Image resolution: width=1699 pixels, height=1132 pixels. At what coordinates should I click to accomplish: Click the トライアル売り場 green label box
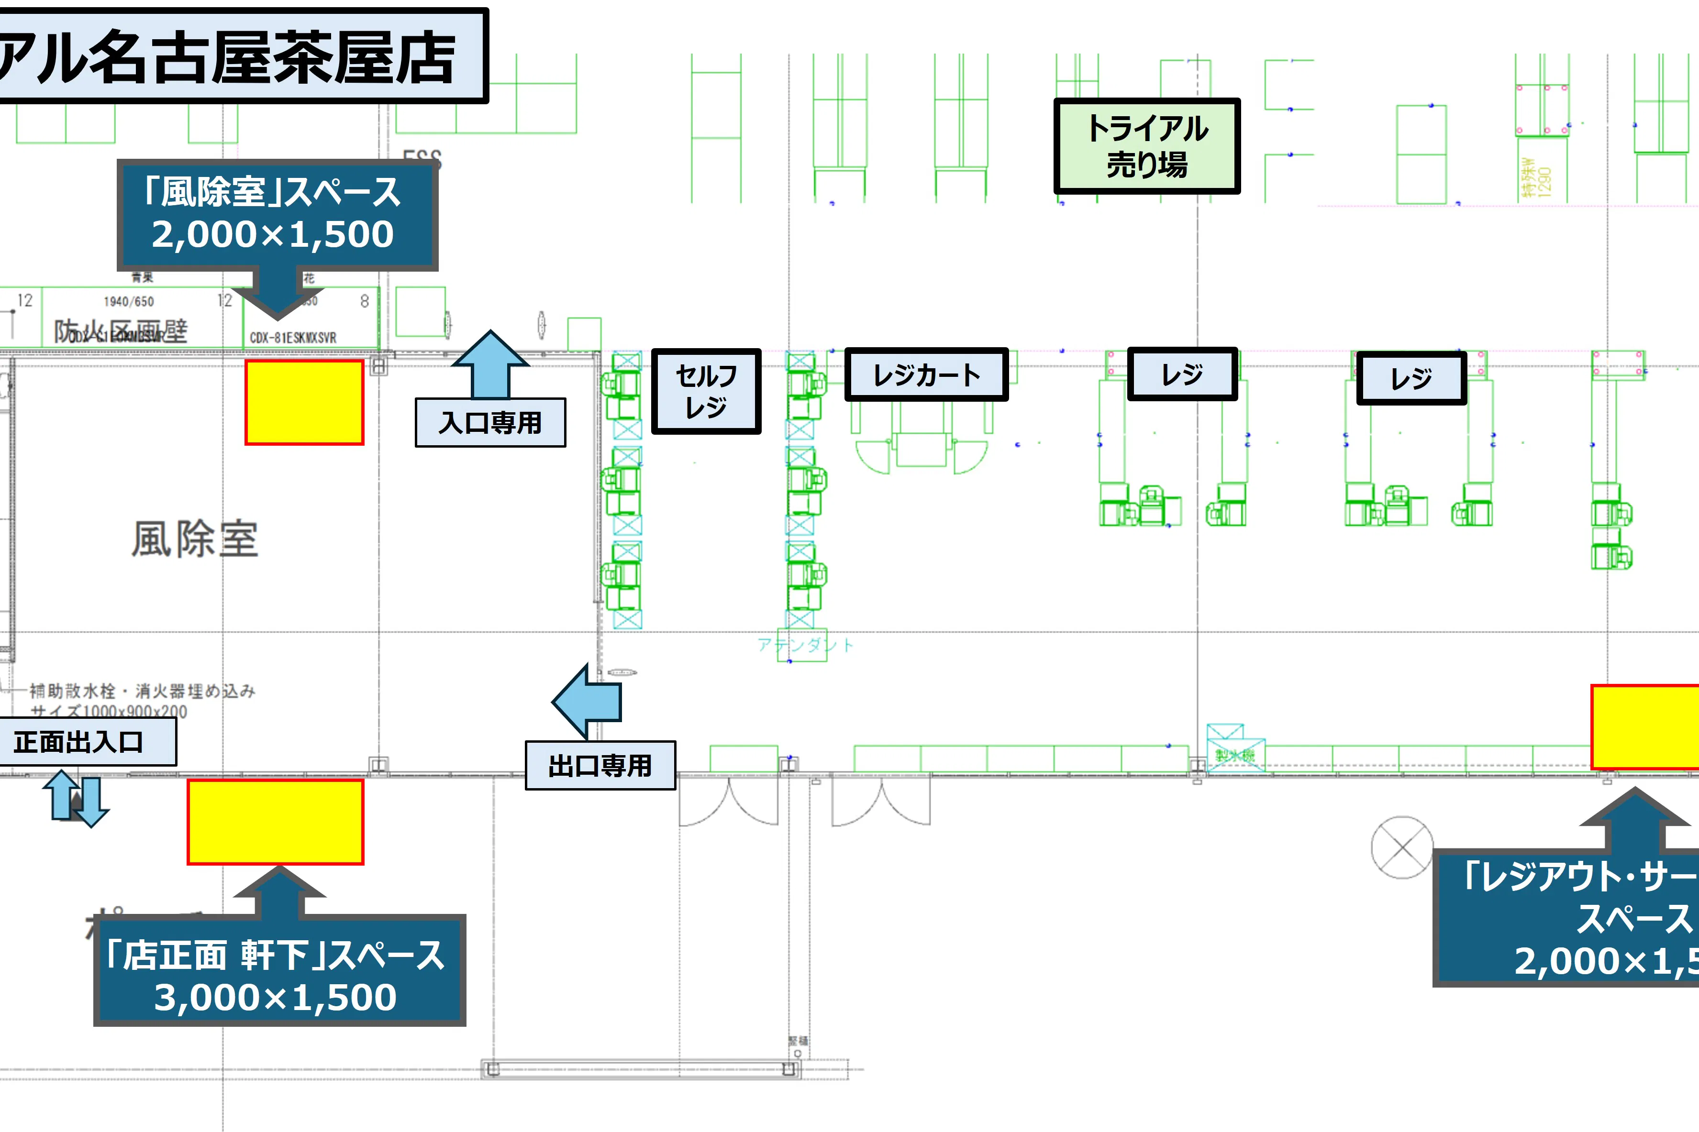point(1147,146)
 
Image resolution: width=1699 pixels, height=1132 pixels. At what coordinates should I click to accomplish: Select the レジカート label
point(926,374)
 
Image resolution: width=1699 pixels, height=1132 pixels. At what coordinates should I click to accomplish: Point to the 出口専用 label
point(600,765)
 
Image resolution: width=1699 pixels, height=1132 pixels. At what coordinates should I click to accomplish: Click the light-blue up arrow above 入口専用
point(490,364)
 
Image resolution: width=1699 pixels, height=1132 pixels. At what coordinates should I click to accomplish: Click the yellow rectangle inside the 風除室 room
point(304,402)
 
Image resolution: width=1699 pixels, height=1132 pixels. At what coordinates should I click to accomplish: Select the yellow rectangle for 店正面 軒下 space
point(275,822)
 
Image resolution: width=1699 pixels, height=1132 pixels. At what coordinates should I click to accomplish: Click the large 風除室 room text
point(195,539)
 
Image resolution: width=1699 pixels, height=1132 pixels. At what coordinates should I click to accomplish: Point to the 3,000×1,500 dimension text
point(275,997)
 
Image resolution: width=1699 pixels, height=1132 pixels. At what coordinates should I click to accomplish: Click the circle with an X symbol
point(1401,847)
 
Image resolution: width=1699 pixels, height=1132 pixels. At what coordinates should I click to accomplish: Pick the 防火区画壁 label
point(121,330)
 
